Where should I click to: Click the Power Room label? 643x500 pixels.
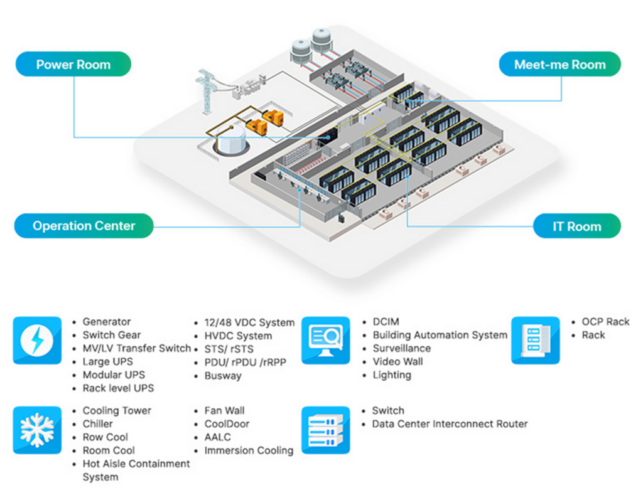click(73, 64)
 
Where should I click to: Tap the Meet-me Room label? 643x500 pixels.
click(559, 64)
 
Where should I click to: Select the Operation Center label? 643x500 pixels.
click(84, 226)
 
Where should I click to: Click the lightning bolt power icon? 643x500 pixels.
click(37, 341)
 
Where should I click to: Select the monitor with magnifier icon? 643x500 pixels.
click(325, 341)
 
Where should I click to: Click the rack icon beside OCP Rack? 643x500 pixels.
click(535, 341)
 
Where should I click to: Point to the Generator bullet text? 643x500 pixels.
click(107, 322)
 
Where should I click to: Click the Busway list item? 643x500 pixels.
click(223, 376)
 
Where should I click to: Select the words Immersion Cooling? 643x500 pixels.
click(249, 450)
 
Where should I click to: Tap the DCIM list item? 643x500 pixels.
click(386, 322)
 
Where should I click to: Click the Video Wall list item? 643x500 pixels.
click(397, 361)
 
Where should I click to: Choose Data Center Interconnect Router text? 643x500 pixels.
click(450, 424)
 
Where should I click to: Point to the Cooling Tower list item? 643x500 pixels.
click(117, 411)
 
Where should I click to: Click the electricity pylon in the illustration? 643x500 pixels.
click(207, 91)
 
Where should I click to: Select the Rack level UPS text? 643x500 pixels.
click(118, 388)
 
